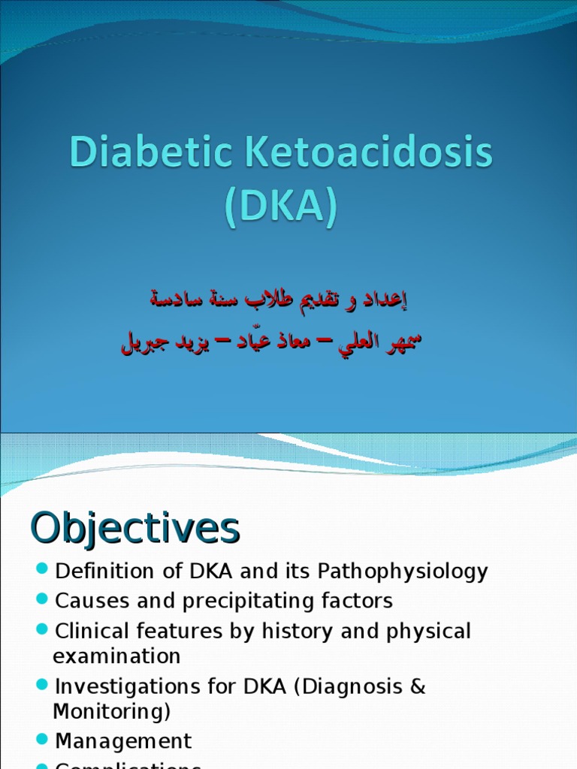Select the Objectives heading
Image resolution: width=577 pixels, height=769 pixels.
click(x=134, y=529)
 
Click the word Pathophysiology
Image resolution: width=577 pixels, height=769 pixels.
click(x=403, y=571)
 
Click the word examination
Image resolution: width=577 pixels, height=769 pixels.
click(x=116, y=656)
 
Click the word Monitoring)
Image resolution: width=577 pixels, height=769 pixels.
click(x=111, y=711)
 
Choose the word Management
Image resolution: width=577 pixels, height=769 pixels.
click(x=123, y=741)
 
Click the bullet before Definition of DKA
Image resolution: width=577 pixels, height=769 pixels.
click(x=42, y=570)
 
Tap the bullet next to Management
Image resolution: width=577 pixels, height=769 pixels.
click(x=42, y=740)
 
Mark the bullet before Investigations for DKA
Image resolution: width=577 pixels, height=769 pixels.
click(x=42, y=685)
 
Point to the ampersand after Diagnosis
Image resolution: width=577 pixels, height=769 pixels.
click(x=418, y=686)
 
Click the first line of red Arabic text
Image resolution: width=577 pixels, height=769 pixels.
click(x=278, y=299)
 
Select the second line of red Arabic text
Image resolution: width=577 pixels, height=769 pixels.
click(x=271, y=342)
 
